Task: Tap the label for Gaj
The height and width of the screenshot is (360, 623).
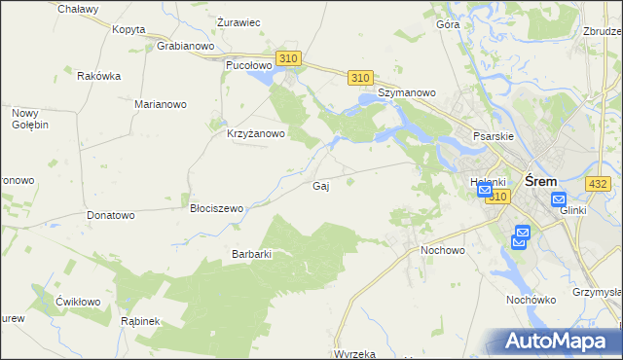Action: (x=319, y=186)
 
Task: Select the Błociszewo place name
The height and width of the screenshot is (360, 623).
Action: (x=216, y=208)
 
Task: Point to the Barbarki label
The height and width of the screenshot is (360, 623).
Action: (x=250, y=254)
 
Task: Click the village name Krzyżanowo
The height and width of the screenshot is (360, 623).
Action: (x=255, y=134)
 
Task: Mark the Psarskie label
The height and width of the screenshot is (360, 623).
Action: (x=493, y=137)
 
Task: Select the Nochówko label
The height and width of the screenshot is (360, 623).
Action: (x=531, y=300)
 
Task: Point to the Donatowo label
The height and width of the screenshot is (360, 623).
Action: (x=110, y=215)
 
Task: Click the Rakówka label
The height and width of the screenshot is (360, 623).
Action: (x=98, y=76)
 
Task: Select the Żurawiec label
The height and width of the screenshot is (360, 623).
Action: (x=238, y=22)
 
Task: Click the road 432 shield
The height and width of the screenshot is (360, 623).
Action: (x=598, y=183)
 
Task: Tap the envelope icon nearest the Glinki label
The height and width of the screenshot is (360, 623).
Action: (x=558, y=200)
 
